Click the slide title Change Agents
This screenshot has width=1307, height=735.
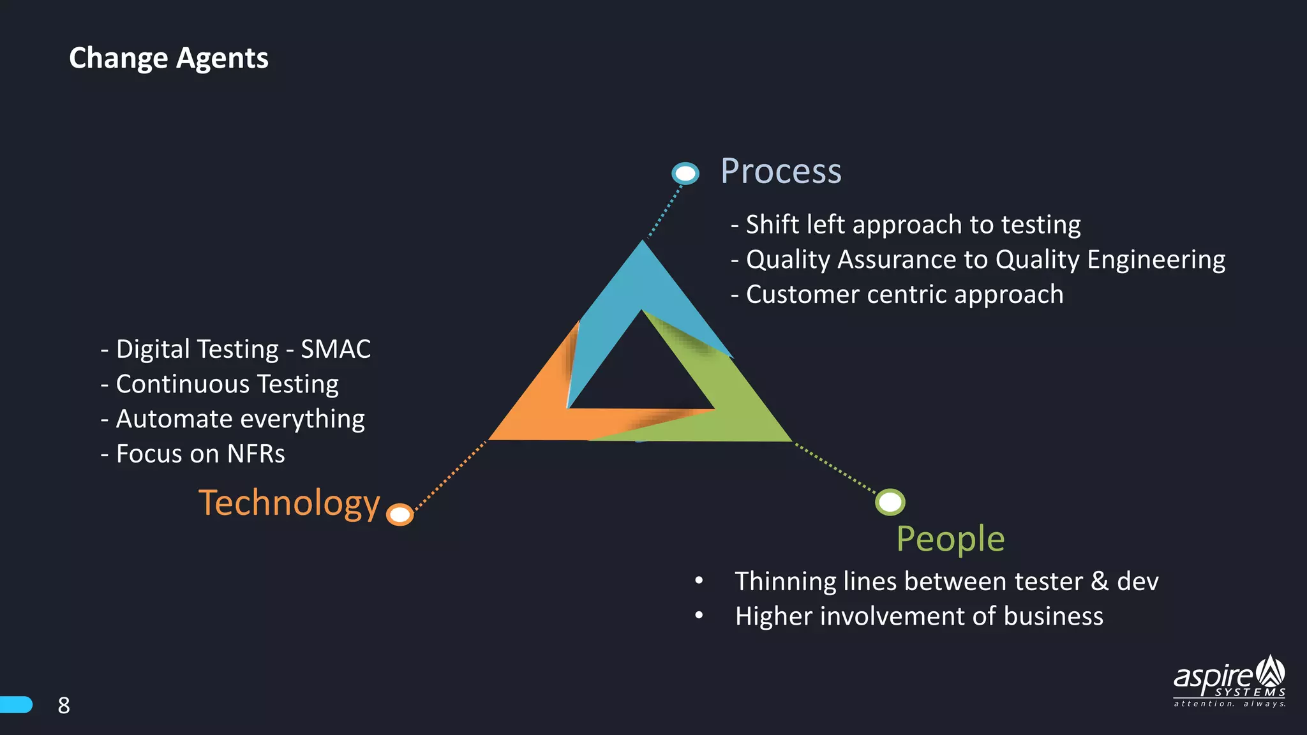168,58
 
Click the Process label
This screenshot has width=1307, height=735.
780,171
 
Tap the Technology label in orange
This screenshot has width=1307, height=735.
289,503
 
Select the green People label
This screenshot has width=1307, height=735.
950,538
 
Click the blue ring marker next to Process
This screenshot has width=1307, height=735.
685,173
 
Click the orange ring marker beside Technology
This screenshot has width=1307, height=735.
400,514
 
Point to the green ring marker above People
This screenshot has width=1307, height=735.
890,502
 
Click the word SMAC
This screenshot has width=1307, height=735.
336,349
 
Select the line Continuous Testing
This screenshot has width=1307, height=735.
220,384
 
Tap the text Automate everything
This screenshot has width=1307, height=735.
233,419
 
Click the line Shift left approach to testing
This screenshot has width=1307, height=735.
906,225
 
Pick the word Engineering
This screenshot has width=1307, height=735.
1156,260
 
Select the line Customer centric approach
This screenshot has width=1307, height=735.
897,295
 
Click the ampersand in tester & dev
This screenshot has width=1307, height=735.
1099,581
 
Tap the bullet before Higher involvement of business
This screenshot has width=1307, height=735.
699,616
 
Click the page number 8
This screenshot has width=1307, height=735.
64,705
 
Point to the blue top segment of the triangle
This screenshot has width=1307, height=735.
641,281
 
